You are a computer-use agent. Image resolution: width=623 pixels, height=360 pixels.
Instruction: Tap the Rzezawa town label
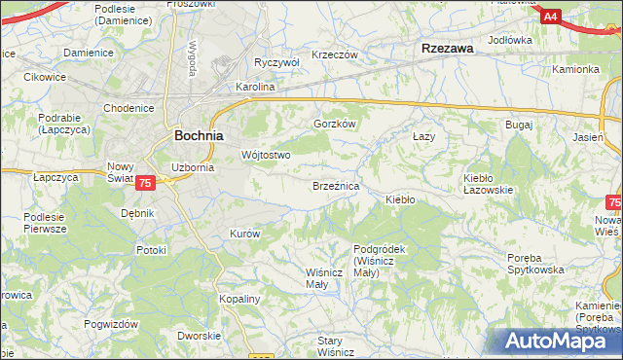click(446, 48)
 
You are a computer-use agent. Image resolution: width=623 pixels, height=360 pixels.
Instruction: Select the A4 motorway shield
click(550, 17)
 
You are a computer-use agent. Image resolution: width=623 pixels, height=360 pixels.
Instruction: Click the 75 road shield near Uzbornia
click(145, 183)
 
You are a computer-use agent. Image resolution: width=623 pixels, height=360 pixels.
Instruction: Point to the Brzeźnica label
click(336, 185)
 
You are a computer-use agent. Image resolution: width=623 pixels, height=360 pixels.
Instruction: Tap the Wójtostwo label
click(266, 155)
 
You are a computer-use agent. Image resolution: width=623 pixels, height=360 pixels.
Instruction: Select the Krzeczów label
click(335, 54)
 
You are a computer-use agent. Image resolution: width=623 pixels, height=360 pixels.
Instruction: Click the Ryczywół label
click(275, 62)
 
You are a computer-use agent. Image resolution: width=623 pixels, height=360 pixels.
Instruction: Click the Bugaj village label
click(517, 126)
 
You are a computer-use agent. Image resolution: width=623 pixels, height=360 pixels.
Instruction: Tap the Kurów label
click(243, 234)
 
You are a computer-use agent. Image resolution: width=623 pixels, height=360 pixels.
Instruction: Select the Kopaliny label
click(238, 299)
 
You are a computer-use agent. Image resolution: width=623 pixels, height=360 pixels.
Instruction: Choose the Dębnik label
click(137, 212)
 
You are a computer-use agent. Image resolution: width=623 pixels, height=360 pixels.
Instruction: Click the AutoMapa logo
click(559, 342)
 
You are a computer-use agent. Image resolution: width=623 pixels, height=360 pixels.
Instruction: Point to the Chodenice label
click(128, 107)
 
